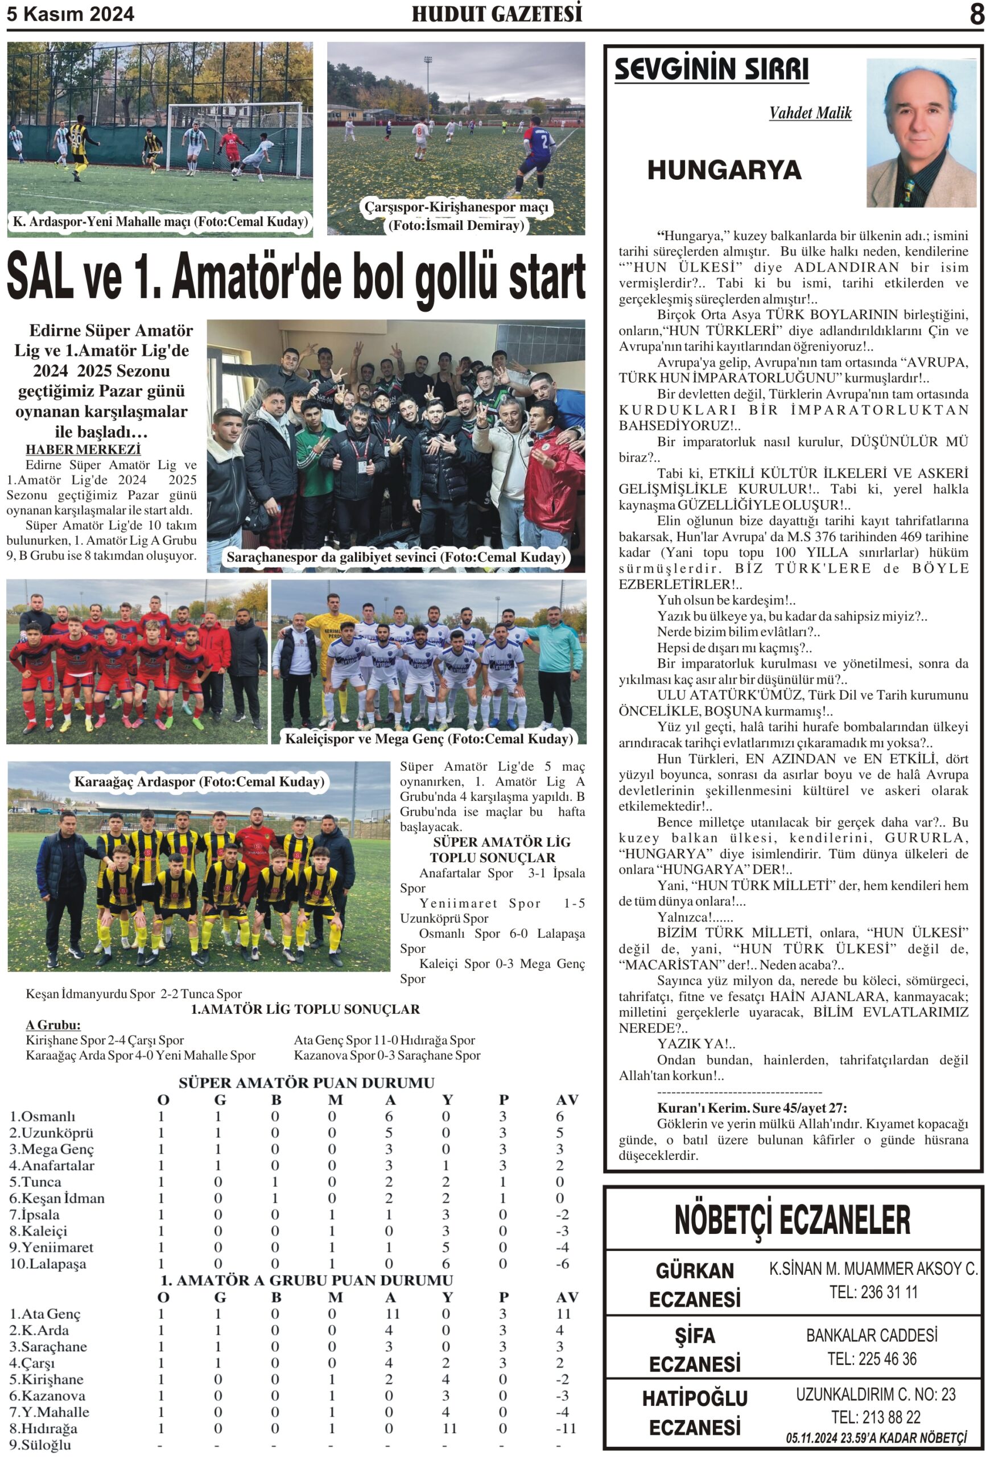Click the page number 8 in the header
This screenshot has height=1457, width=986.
point(976,14)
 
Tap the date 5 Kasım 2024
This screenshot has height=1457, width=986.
point(70,14)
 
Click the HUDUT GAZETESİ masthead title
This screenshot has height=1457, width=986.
point(497,14)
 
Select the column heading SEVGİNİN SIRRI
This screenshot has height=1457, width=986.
point(711,69)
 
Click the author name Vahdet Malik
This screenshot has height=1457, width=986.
point(810,113)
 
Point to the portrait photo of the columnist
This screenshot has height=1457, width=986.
point(921,133)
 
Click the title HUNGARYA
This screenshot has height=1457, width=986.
point(724,170)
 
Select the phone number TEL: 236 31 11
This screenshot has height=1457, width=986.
point(873,1291)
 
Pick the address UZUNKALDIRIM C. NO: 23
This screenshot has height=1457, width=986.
point(875,1394)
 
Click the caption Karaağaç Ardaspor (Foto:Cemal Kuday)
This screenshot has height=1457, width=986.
point(199,781)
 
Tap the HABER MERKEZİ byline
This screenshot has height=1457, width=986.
point(82,450)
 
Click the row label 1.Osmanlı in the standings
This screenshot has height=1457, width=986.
point(42,1116)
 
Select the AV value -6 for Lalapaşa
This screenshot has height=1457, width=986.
point(562,1263)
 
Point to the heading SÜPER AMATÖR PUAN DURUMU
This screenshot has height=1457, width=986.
point(306,1083)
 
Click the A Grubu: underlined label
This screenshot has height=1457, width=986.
point(53,1024)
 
